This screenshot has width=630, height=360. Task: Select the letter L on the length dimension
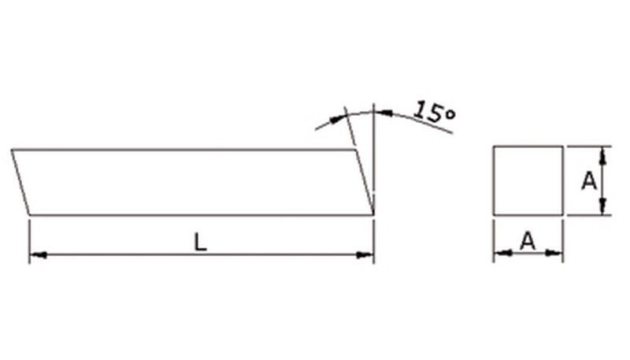pos(201,243)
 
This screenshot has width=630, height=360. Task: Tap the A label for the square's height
pos(588,181)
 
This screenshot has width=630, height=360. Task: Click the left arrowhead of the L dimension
pos(36,254)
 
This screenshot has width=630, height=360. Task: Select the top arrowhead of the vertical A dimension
pos(602,153)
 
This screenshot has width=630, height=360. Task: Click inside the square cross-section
pos(528,180)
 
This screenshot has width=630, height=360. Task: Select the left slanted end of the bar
pos(20,181)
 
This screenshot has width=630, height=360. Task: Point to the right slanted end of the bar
pos(363,181)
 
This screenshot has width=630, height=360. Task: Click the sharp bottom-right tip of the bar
pos(372,213)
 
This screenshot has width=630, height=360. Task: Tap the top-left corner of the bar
pos(12,149)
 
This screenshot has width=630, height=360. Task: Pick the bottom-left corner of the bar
pos(29,213)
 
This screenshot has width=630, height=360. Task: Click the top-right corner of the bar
pos(354,149)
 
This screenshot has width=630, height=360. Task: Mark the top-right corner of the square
pos(562,147)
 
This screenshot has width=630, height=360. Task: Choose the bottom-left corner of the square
pos(494,213)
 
